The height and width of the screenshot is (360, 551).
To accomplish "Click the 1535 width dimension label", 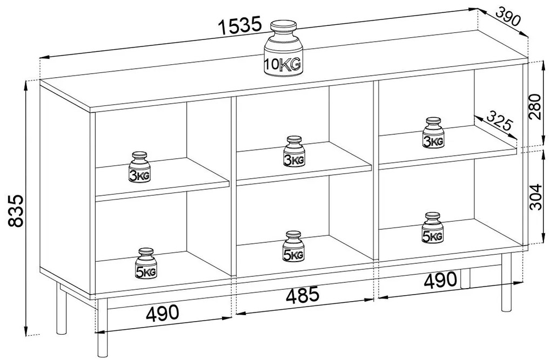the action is pyautogui.click(x=240, y=25).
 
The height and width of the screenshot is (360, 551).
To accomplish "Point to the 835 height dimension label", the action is pyautogui.click(x=16, y=211).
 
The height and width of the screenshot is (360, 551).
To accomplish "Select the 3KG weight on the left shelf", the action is pyautogui.click(x=140, y=168).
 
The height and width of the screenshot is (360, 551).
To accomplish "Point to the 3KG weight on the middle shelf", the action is pyautogui.click(x=294, y=151).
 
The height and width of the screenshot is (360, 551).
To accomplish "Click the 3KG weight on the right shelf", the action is pyautogui.click(x=433, y=133).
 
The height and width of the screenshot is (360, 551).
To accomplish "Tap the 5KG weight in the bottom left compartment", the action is pyautogui.click(x=146, y=264).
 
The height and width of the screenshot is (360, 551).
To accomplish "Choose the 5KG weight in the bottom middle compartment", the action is pyautogui.click(x=293, y=246).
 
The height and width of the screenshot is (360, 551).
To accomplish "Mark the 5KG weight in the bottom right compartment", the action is pyautogui.click(x=433, y=228).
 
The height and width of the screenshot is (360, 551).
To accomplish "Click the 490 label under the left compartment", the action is pyautogui.click(x=163, y=312).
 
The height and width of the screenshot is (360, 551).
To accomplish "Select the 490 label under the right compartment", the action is pyautogui.click(x=441, y=281).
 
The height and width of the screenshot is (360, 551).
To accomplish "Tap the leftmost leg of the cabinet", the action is pyautogui.click(x=62, y=308).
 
